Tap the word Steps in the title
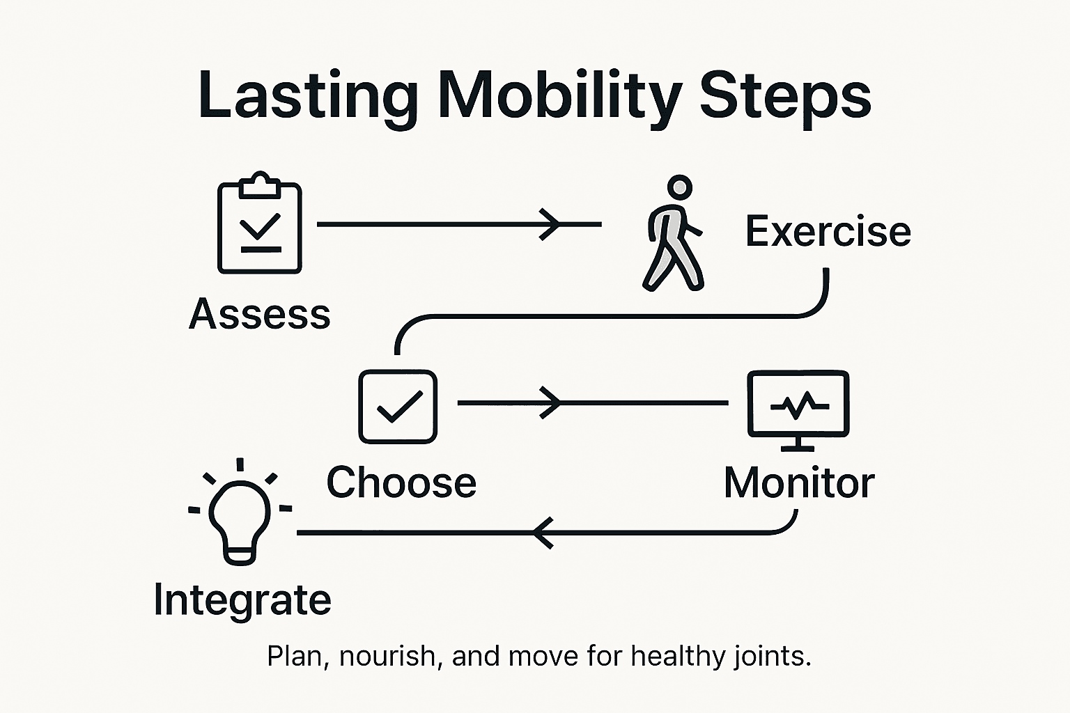pyautogui.click(x=785, y=96)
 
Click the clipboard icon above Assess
pyautogui.click(x=260, y=224)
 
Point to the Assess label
pyautogui.click(x=260, y=314)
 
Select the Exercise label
pyautogui.click(x=828, y=231)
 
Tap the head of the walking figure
pyautogui.click(x=679, y=187)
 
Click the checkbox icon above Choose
pyautogui.click(x=398, y=407)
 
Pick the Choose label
pyautogui.click(x=401, y=483)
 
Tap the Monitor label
pyautogui.click(x=799, y=483)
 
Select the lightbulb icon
pyautogui.click(x=240, y=515)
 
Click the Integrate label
pyautogui.click(x=242, y=600)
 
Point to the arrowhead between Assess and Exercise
pyautogui.click(x=550, y=224)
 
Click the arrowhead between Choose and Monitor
pyautogui.click(x=551, y=402)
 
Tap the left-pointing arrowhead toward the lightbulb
pyautogui.click(x=543, y=533)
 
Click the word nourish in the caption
pyautogui.click(x=387, y=657)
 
